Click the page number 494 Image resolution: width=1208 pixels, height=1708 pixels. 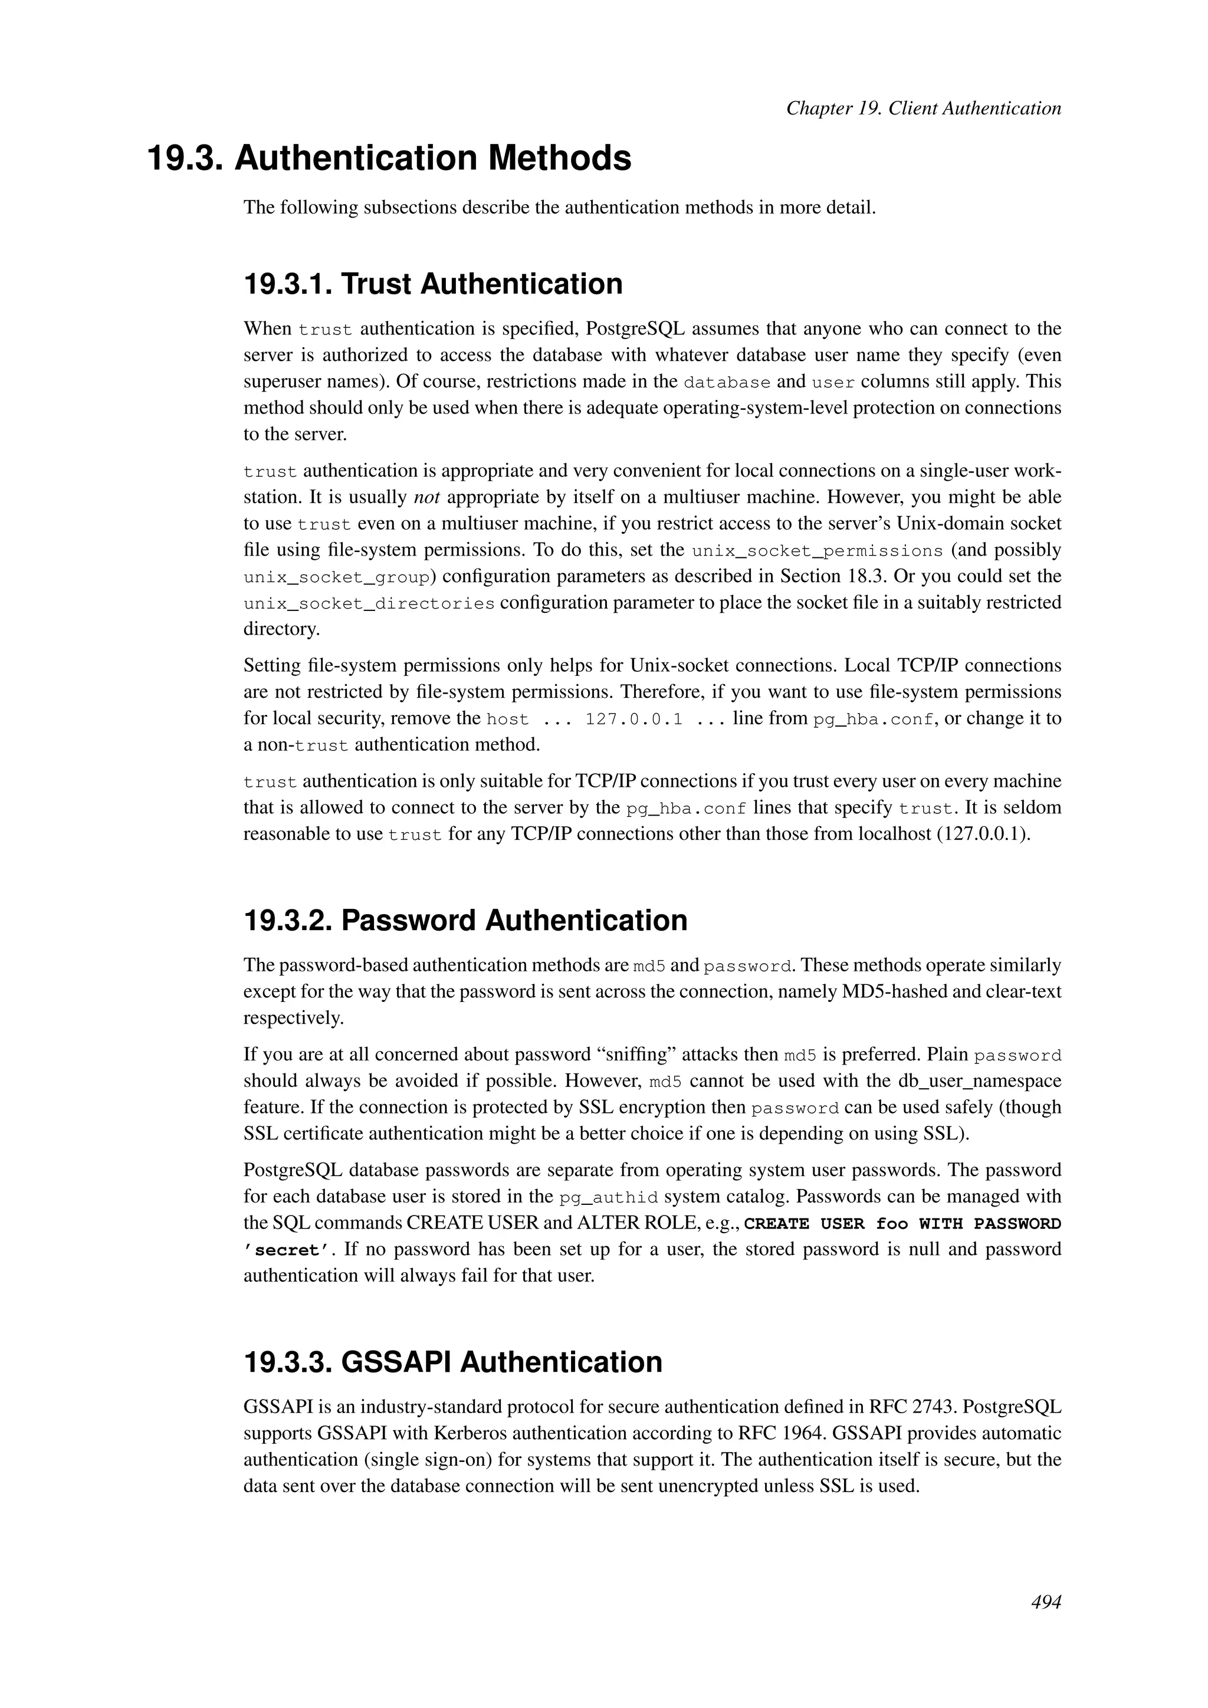point(1045,1602)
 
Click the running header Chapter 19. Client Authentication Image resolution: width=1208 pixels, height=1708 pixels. point(923,109)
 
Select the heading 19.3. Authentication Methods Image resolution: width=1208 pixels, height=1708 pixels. point(389,159)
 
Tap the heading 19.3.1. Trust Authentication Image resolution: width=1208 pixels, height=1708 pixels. point(433,284)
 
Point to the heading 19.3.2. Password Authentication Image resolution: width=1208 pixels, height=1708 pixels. point(465,920)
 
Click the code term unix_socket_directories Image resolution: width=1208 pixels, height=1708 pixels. point(369,603)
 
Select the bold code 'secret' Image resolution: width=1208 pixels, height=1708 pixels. point(287,1250)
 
